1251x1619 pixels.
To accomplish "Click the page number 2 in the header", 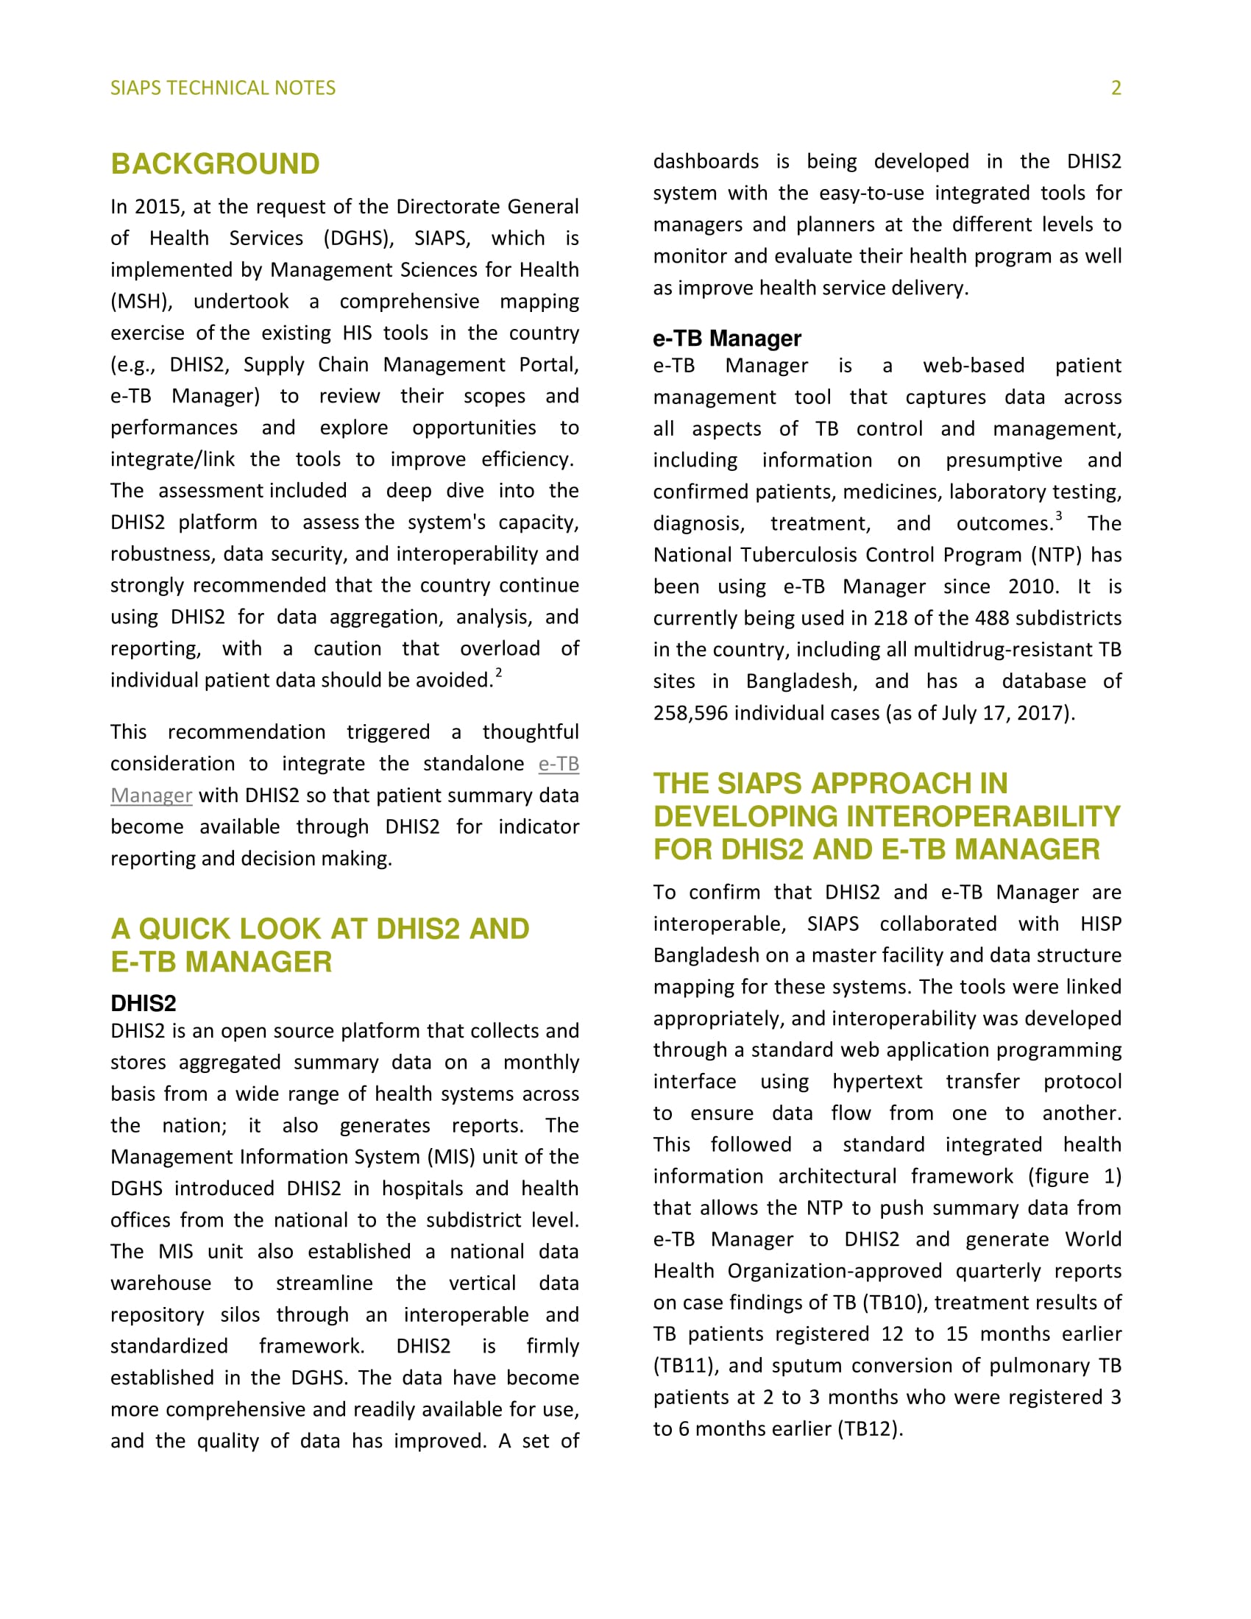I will [x=1116, y=88].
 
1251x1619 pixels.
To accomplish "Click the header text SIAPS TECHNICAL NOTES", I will [x=222, y=88].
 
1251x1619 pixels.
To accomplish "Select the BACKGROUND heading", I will [x=215, y=164].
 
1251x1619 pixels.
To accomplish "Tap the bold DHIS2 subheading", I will [x=143, y=1003].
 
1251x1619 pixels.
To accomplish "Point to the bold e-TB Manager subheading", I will [x=726, y=339].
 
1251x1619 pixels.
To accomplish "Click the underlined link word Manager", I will [x=151, y=796].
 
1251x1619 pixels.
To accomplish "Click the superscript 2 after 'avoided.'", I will [x=499, y=673].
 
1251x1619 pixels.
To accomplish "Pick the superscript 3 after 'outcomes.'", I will [x=1058, y=516].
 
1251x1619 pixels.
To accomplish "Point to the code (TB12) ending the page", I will [x=868, y=1428].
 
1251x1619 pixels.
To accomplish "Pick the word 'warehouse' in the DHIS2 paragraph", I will [x=161, y=1283].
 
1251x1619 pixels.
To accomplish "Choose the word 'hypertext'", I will [x=876, y=1082].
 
